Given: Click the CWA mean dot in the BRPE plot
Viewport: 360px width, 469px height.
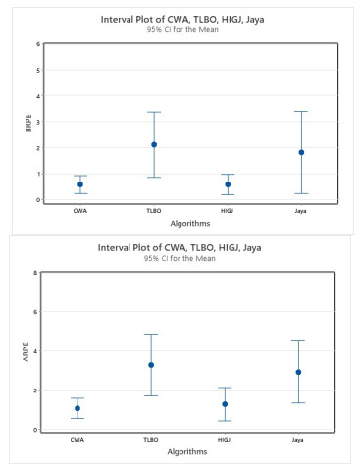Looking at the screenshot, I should coord(80,184).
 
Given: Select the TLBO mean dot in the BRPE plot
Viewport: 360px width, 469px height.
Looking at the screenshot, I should coord(154,144).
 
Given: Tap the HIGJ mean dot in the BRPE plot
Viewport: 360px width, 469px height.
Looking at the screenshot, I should coord(228,184).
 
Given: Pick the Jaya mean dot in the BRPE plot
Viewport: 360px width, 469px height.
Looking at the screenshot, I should coord(301,152).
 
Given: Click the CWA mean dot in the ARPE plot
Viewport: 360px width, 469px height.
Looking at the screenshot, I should coord(77,408).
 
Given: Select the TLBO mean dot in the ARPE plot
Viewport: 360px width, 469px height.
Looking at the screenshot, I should coord(151,365).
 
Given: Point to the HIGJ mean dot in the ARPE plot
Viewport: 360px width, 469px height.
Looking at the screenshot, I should coord(225,404).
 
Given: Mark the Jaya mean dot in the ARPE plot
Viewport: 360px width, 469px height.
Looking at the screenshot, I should coord(298,372).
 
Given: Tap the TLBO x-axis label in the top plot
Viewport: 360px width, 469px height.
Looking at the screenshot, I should coord(154,210).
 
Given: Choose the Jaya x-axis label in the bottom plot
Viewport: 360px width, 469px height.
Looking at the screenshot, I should coord(298,439).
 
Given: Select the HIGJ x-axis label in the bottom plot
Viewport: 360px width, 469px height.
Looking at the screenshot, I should coord(225,439).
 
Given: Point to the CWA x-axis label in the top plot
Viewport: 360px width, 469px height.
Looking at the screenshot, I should coord(80,210).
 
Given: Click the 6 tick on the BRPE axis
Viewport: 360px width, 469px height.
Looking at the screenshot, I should coord(38,44).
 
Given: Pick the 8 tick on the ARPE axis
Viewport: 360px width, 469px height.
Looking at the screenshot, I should coord(35,273).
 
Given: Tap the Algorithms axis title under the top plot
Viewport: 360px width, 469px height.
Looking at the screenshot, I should coord(191,223).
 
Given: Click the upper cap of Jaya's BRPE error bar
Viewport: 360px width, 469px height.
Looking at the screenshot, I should coord(301,111).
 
